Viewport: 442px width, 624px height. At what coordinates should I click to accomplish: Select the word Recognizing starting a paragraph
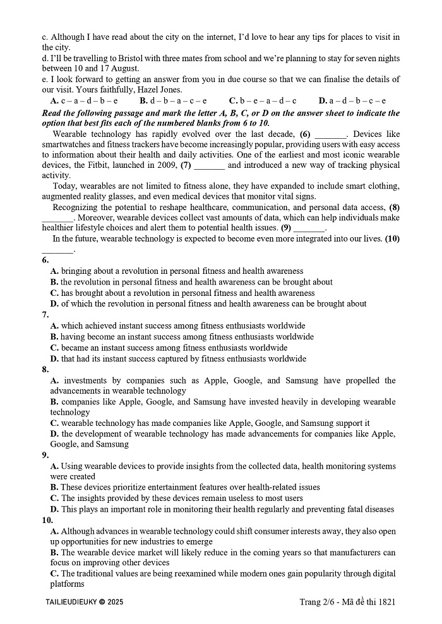77,207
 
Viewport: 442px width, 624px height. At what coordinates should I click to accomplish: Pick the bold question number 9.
45,456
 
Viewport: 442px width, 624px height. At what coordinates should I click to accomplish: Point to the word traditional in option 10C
97,574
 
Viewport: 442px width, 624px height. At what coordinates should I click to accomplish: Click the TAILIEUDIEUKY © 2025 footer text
85,603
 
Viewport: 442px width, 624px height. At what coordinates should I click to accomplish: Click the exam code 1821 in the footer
385,602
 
